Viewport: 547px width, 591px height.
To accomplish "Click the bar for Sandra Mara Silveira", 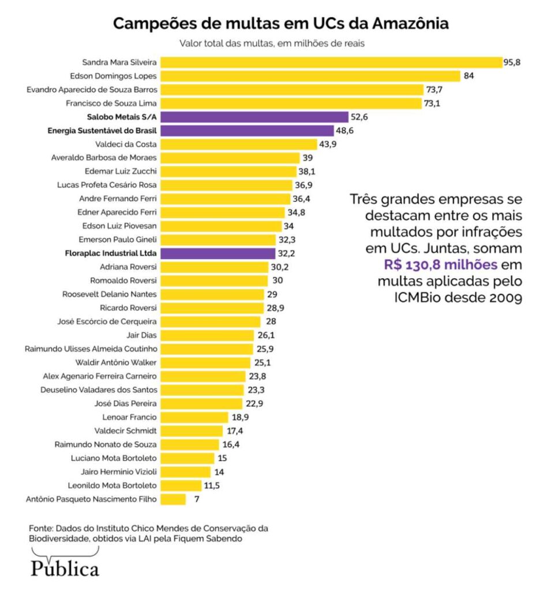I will pyautogui.click(x=331, y=62).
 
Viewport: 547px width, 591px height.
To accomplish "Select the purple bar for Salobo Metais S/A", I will pyautogui.click(x=254, y=117).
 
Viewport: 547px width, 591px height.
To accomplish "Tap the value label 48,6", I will pyautogui.click(x=346, y=131).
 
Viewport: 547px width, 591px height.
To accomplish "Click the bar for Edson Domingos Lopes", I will pyautogui.click(x=310, y=76).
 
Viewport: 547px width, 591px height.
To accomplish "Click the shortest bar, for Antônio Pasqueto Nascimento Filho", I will pyautogui.click(x=173, y=499).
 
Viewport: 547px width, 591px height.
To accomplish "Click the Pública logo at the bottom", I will pyautogui.click(x=65, y=568).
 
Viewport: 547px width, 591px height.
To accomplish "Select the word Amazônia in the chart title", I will pyautogui.click(x=410, y=24).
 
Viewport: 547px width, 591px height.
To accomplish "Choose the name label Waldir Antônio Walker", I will pyautogui.click(x=116, y=362).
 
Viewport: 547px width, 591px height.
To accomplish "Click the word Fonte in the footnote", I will pyautogui.click(x=41, y=528).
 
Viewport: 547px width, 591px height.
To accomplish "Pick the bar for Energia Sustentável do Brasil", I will pyautogui.click(x=247, y=131).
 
